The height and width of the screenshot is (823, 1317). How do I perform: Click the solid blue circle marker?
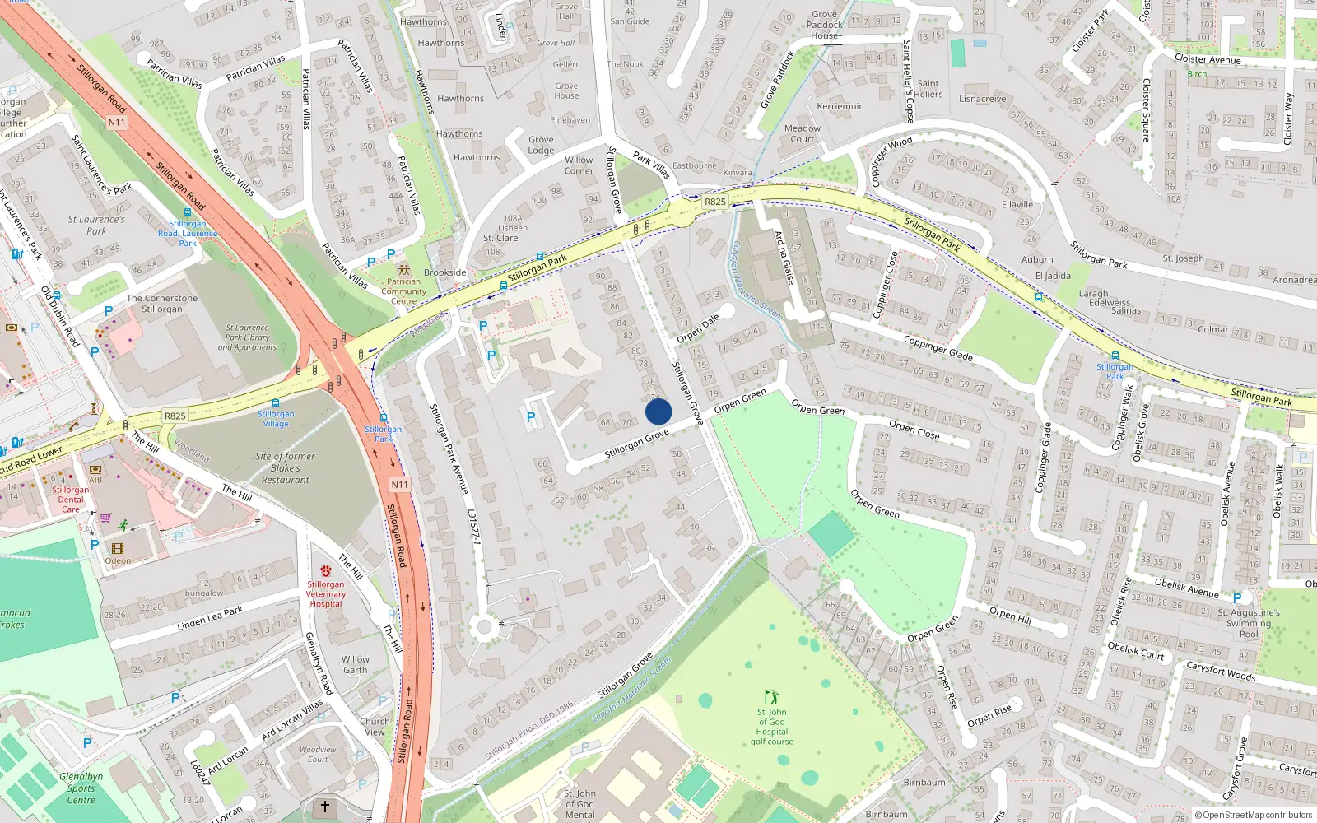(x=658, y=411)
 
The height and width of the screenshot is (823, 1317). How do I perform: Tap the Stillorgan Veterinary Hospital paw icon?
(x=326, y=570)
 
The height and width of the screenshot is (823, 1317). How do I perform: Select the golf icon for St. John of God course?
(x=771, y=697)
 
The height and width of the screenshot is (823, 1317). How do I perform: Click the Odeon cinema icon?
(x=118, y=548)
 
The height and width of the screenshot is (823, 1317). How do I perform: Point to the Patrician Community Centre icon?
(x=403, y=269)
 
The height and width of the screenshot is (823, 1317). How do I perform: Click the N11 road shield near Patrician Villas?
(x=117, y=123)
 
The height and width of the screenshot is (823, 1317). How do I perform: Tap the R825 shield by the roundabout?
(x=715, y=202)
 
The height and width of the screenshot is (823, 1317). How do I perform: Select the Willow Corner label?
(x=579, y=165)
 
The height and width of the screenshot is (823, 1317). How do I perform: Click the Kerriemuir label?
(x=840, y=106)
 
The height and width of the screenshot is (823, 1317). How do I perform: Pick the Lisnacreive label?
(x=982, y=99)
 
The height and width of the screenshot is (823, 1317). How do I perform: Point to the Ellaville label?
(x=1017, y=204)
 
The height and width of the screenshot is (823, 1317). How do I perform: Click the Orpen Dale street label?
(x=698, y=328)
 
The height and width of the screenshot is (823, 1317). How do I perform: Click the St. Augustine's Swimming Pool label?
(x=1248, y=623)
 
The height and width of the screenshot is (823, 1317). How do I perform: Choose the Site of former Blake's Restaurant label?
(x=285, y=467)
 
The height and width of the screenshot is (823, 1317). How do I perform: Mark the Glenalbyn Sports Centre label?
(x=81, y=788)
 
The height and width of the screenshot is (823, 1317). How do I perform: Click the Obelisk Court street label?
(x=1135, y=650)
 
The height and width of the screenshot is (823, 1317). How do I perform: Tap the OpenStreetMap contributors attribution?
(x=1254, y=816)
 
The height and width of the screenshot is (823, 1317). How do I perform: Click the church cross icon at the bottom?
(x=324, y=807)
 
